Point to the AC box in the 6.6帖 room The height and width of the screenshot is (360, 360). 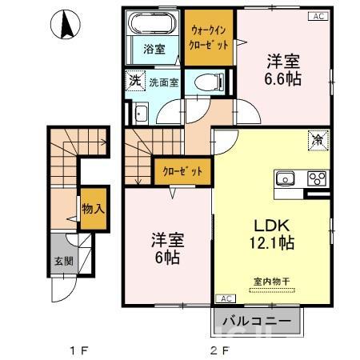pyautogui.click(x=318, y=16)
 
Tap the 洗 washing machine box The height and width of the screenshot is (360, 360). pyautogui.click(x=134, y=81)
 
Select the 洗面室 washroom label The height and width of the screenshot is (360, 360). pyautogui.click(x=163, y=82)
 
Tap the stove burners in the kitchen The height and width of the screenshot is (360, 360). pyautogui.click(x=316, y=178)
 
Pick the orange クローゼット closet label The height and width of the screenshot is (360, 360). pyautogui.click(x=182, y=171)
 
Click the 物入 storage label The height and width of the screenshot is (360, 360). pyautogui.click(x=94, y=210)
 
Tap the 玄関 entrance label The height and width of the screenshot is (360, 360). pyautogui.click(x=62, y=260)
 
